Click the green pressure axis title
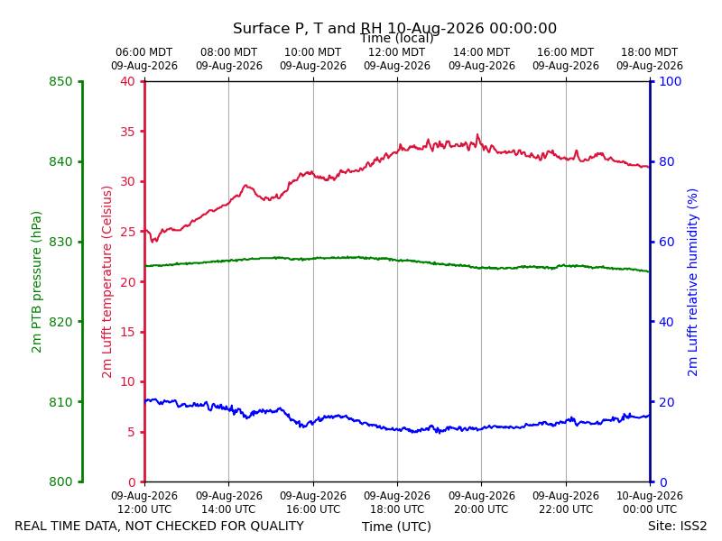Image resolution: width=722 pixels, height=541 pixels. click(x=36, y=282)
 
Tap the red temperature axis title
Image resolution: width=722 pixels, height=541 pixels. click(x=106, y=282)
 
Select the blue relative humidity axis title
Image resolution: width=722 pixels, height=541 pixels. click(x=692, y=282)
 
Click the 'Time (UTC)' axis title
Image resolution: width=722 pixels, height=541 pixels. click(x=396, y=527)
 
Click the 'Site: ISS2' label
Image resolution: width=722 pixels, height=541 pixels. click(x=677, y=526)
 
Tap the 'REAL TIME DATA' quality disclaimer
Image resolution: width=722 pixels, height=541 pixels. click(x=160, y=526)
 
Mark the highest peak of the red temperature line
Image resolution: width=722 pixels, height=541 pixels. click(x=477, y=134)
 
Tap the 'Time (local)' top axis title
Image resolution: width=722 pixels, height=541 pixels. click(x=397, y=38)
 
